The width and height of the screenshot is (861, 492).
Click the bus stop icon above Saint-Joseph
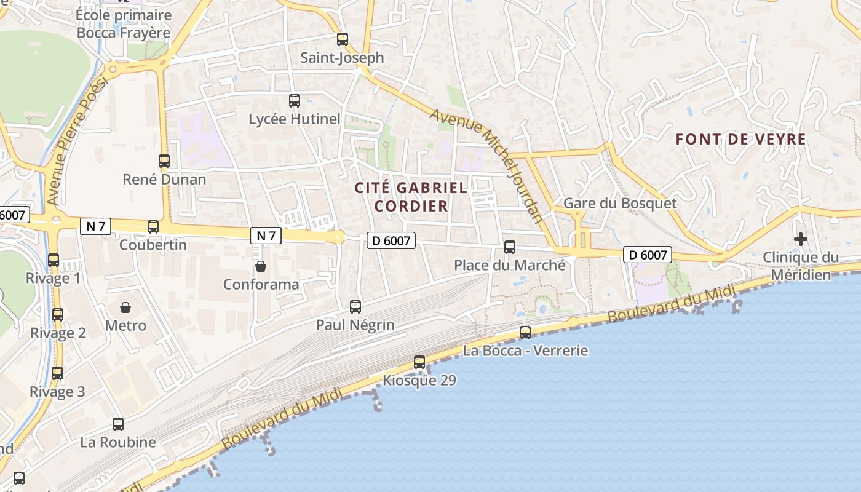343,39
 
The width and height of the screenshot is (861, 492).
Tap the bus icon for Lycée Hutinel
295,101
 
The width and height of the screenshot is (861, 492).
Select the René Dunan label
164,180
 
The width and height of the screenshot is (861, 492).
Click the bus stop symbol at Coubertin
153,227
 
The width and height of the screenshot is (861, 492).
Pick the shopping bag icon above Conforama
261,266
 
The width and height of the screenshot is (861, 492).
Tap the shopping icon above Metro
125,307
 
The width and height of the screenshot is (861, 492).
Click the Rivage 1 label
53,279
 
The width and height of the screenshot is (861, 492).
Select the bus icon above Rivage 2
58,315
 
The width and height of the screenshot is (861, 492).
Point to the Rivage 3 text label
57,392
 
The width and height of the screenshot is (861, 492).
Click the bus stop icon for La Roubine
118,424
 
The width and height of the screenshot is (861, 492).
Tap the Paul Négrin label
355,325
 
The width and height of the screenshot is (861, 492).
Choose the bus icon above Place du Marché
510,247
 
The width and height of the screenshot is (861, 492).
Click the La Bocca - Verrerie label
525,351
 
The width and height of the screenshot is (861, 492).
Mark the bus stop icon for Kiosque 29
419,362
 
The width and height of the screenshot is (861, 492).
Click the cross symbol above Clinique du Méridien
801,239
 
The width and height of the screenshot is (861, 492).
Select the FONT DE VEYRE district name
740,140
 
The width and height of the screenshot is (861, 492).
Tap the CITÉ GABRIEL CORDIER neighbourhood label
411,197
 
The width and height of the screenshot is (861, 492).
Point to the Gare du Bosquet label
619,204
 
